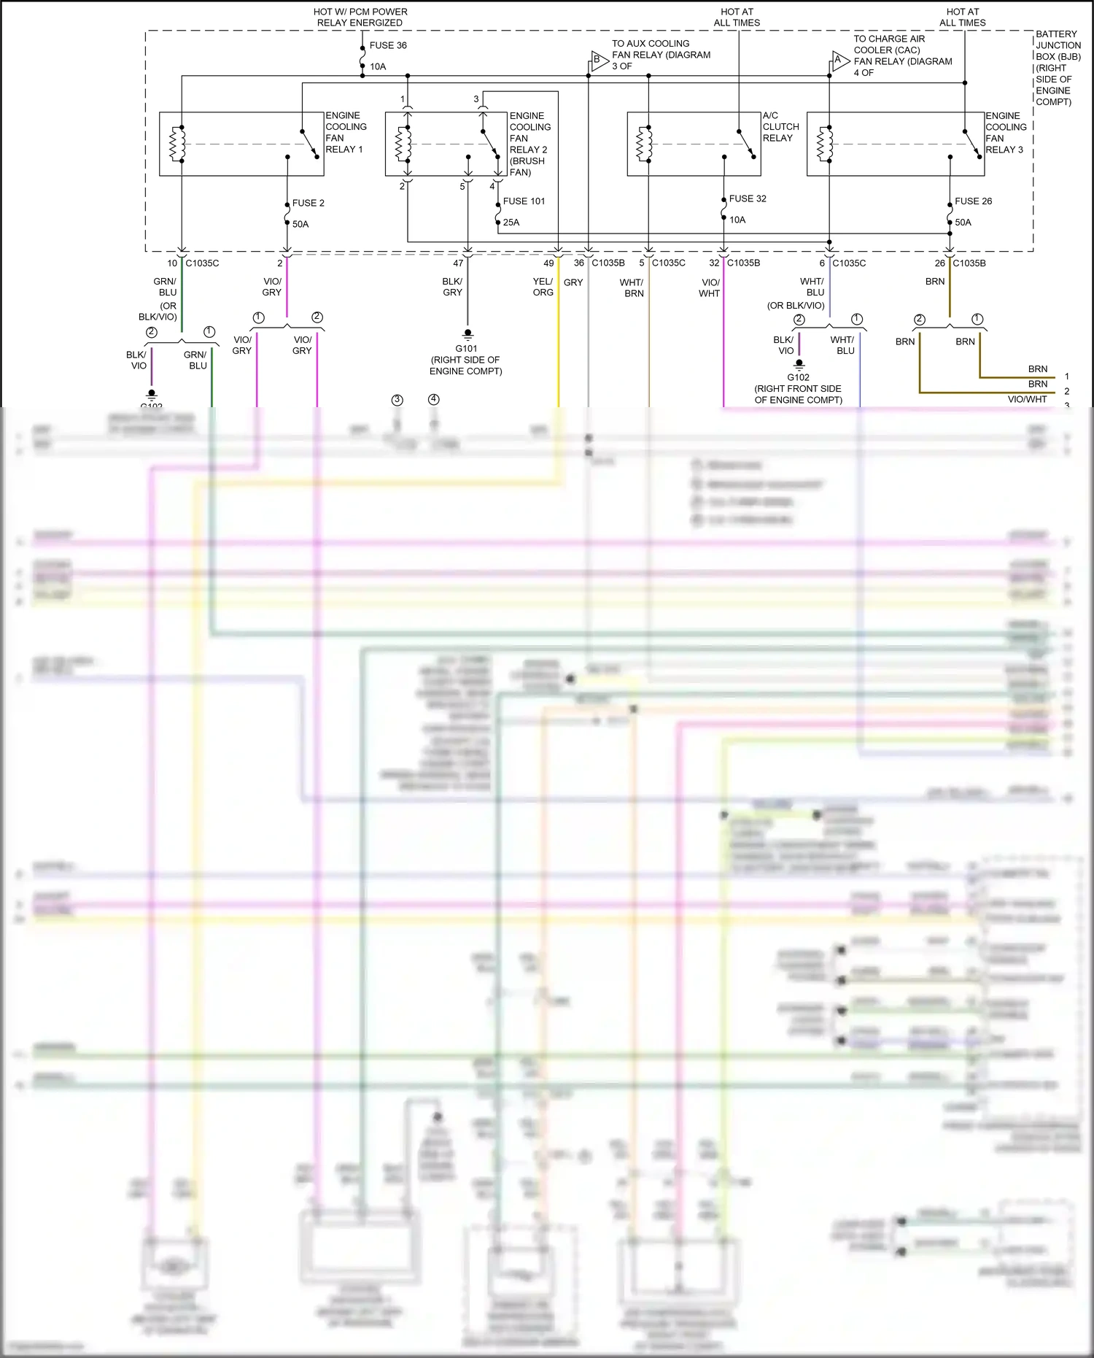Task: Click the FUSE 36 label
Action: tap(388, 45)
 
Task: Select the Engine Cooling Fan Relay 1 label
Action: tap(345, 132)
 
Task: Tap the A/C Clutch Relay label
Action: tap(780, 127)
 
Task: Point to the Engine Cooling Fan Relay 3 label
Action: tap(1005, 133)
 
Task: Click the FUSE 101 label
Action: tap(524, 201)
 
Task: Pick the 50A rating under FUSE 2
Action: tap(300, 224)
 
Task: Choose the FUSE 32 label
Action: tap(748, 198)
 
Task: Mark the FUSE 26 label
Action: tap(973, 201)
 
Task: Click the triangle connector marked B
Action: tap(598, 61)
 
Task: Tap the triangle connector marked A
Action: tap(839, 61)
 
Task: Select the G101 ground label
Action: tap(466, 349)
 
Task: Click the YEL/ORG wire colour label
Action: tap(543, 287)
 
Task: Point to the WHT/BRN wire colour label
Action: tap(632, 288)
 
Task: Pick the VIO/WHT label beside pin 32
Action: tap(710, 288)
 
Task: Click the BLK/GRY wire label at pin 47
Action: tap(452, 287)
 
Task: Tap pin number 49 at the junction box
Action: tap(548, 263)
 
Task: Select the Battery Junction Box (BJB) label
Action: tap(1058, 68)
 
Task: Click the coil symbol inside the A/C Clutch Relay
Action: tap(644, 144)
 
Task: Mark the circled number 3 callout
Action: tap(397, 400)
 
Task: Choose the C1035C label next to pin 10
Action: tap(202, 263)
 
